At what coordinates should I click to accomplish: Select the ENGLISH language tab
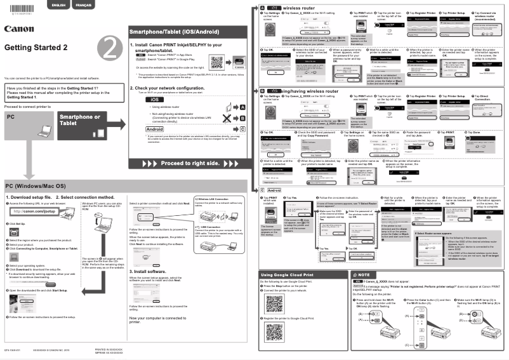(58, 5)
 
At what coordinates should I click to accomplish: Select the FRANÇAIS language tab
(83, 5)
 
